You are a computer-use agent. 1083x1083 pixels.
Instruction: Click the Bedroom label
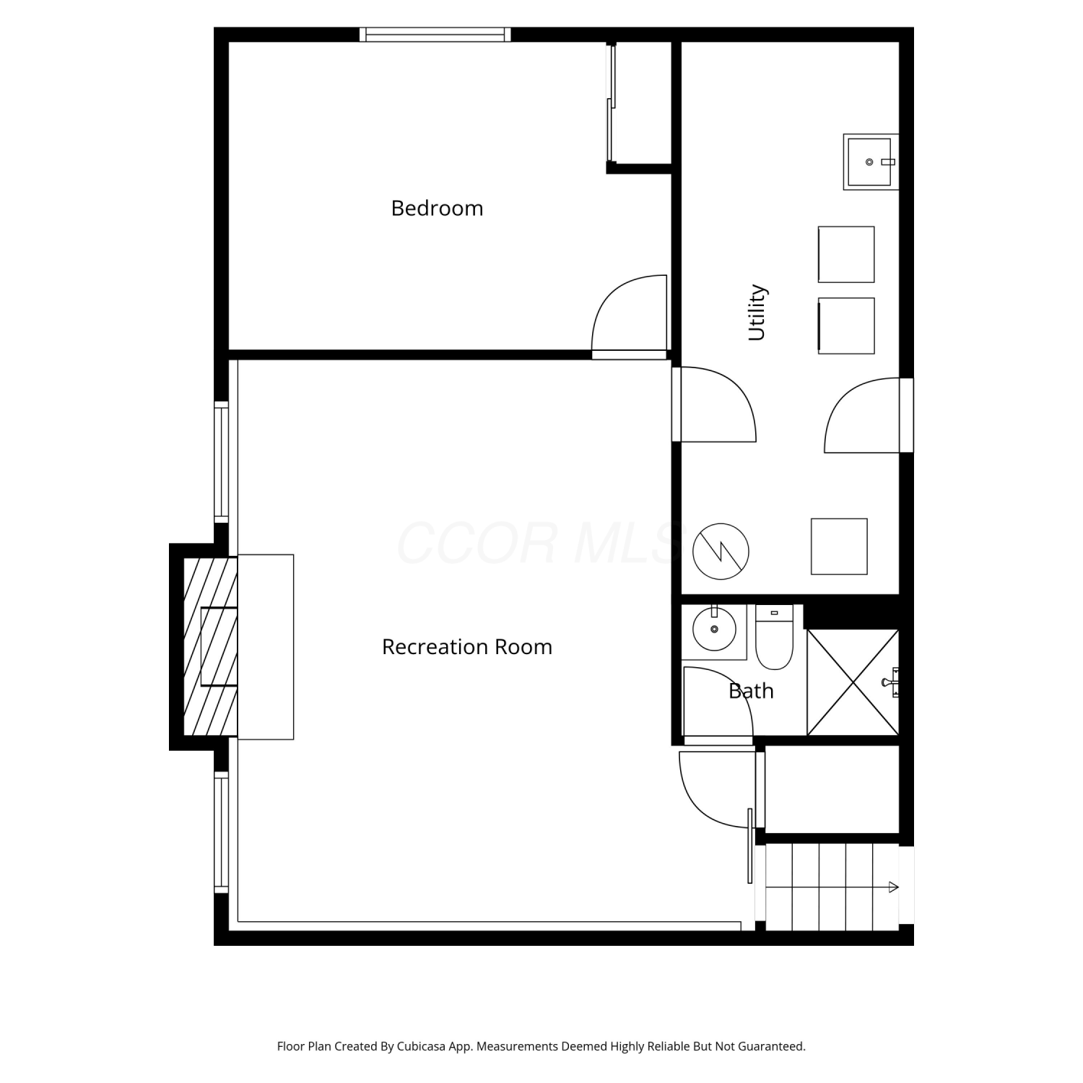[x=437, y=208]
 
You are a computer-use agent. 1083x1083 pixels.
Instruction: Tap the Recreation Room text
[x=467, y=646]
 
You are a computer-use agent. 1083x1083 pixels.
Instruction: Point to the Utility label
[x=757, y=312]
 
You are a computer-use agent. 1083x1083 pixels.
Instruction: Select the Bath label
[x=751, y=691]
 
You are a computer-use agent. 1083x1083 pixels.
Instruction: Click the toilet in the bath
[x=774, y=637]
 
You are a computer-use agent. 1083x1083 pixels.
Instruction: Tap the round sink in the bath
[x=714, y=630]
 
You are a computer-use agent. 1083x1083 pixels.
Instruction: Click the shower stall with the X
[x=853, y=682]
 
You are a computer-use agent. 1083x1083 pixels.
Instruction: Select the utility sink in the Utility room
[x=871, y=162]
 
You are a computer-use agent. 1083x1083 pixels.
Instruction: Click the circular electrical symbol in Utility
[x=721, y=551]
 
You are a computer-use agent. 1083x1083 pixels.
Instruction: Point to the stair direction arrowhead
[x=894, y=887]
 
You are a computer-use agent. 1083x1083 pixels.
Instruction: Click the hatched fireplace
[x=210, y=647]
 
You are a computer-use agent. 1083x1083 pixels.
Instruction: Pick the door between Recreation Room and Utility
[x=714, y=404]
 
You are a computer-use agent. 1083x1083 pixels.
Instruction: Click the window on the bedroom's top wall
[x=435, y=34]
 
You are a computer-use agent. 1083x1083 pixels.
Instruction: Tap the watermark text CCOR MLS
[x=539, y=543]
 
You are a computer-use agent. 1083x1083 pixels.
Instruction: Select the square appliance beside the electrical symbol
[x=839, y=547]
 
